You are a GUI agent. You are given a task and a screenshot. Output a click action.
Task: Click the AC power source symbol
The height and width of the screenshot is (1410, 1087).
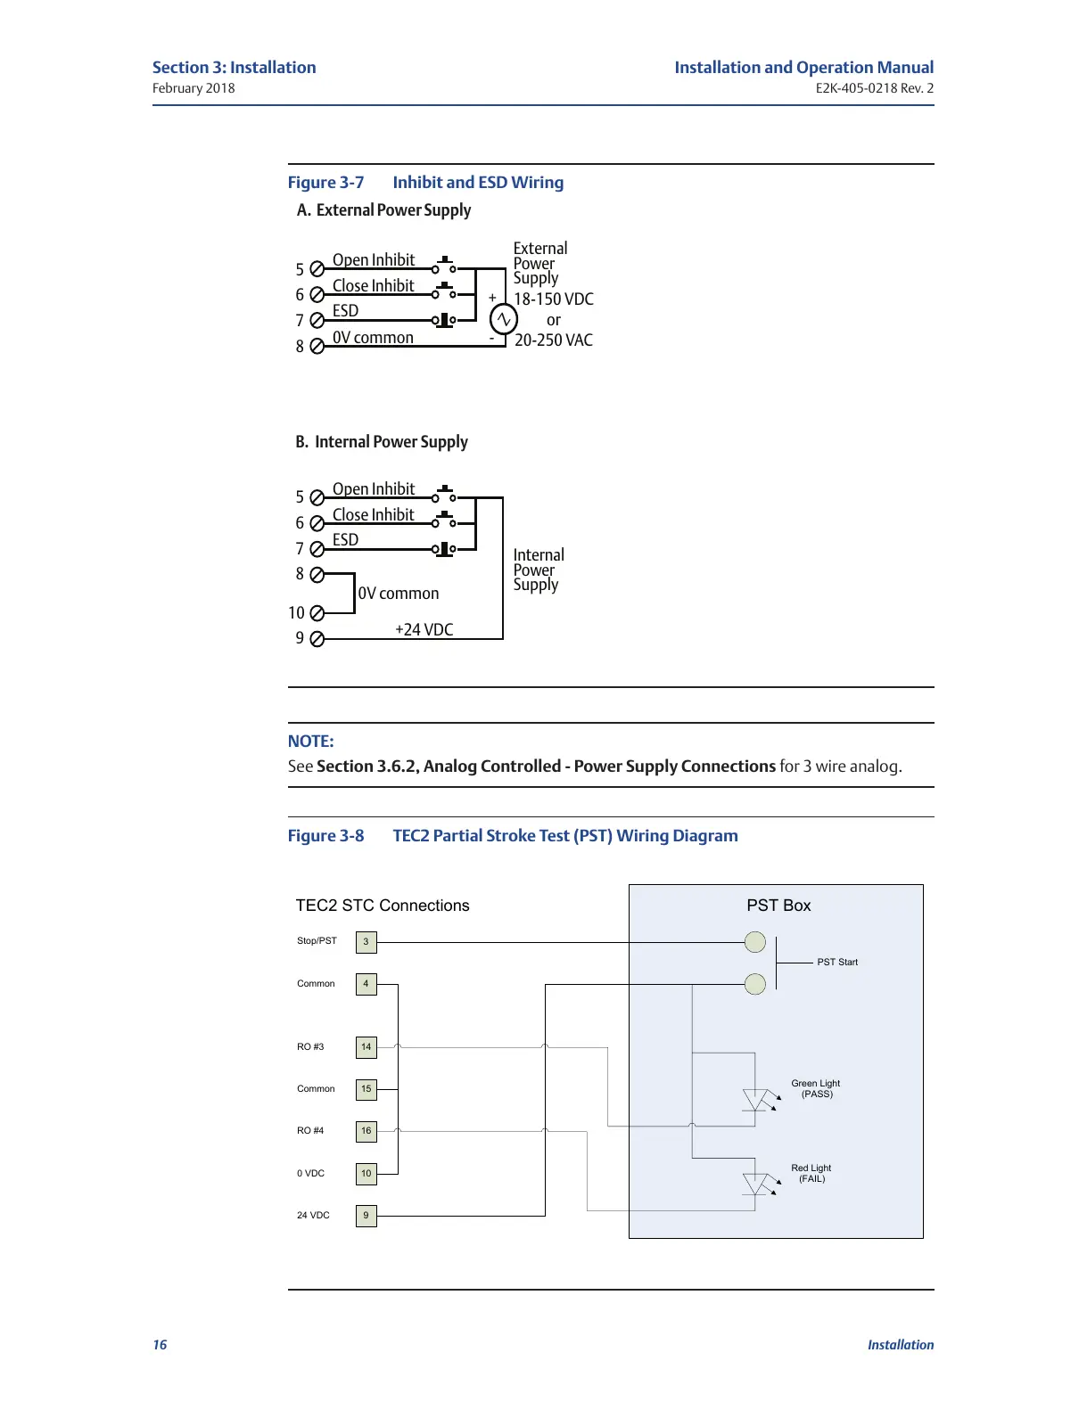click(504, 318)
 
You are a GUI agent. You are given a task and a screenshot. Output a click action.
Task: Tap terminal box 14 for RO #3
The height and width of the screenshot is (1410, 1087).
click(366, 1047)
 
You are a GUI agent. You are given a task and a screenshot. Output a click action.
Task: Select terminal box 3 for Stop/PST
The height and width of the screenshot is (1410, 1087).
click(366, 942)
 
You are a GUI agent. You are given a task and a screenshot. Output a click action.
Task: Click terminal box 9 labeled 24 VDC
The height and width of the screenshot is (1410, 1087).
click(366, 1216)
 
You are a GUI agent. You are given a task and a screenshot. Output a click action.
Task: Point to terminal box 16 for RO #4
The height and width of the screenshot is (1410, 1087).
click(366, 1131)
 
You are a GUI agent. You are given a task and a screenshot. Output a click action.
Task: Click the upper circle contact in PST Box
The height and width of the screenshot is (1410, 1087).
click(755, 942)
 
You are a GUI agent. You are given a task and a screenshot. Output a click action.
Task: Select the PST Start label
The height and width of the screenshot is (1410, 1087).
click(837, 963)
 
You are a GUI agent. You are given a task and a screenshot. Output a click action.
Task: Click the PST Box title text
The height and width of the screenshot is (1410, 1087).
click(778, 906)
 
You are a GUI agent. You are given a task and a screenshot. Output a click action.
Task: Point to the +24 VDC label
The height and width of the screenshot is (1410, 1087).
click(424, 630)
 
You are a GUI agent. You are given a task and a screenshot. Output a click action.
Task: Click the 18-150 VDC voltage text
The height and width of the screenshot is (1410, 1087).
click(554, 299)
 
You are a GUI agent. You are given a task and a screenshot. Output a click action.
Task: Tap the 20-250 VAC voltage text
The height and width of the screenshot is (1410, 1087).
click(554, 340)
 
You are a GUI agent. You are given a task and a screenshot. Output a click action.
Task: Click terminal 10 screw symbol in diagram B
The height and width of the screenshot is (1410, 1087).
click(317, 613)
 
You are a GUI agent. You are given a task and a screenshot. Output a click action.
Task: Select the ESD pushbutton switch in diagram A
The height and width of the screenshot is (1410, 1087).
click(444, 320)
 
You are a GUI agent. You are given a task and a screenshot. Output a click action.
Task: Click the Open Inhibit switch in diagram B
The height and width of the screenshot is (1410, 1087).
click(444, 496)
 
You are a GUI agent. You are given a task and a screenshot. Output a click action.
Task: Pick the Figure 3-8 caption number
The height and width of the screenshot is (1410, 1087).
click(325, 836)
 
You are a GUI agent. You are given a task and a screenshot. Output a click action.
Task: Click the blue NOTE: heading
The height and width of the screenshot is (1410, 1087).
click(310, 742)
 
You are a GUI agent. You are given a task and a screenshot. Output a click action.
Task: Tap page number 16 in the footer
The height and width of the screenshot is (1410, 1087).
click(160, 1345)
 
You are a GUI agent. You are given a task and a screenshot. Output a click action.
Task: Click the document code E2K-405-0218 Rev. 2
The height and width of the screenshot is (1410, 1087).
click(874, 88)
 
